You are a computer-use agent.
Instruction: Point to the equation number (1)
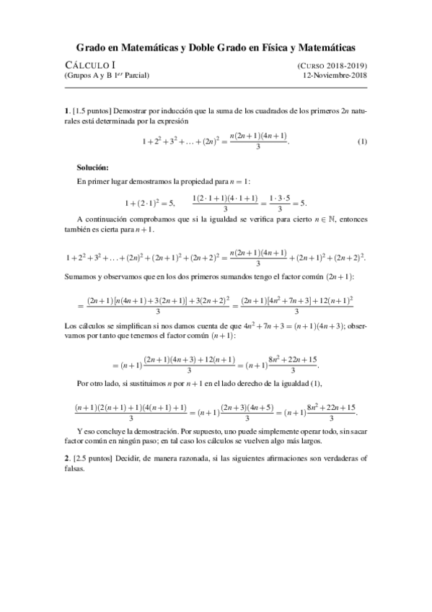click(363, 142)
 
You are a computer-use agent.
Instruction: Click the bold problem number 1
click(66, 111)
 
